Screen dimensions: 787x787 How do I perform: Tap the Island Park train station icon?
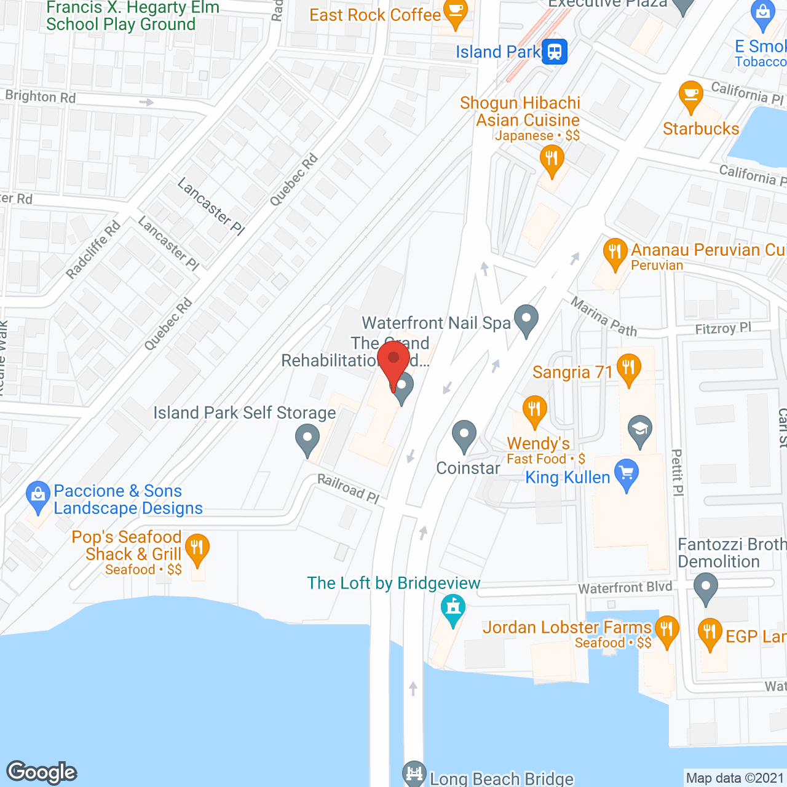[555, 52]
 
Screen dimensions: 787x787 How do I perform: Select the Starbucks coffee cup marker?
[690, 95]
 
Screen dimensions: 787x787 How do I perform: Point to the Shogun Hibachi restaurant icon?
[552, 160]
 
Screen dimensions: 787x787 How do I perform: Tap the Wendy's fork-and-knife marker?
[534, 409]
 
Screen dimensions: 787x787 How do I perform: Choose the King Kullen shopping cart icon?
[627, 474]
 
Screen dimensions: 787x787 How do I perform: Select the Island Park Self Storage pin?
[307, 440]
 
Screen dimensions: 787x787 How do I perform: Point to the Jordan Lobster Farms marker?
[666, 630]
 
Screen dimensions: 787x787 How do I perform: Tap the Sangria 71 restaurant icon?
[628, 369]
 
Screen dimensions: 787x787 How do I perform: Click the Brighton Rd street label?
[41, 97]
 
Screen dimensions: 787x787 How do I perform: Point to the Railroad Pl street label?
[348, 488]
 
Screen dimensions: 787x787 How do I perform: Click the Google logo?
[41, 772]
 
